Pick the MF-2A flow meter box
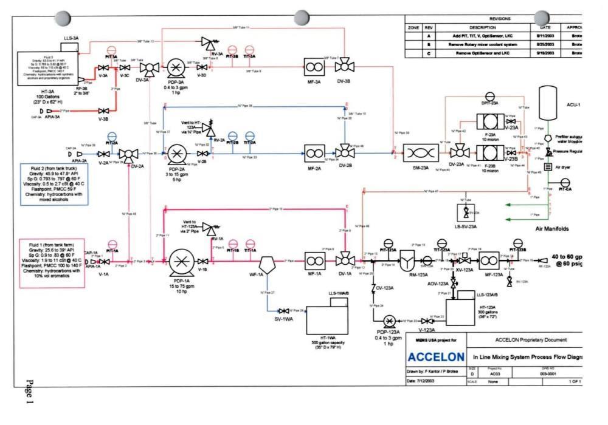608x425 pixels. pos(314,152)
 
